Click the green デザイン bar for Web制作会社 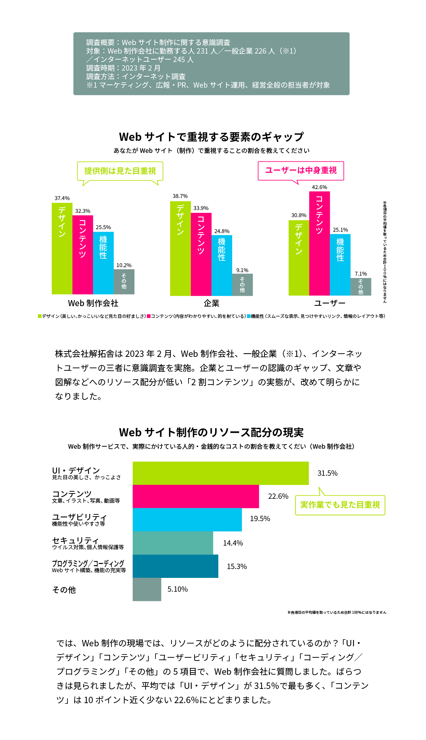click(62, 248)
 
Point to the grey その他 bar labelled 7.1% click(361, 287)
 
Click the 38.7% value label click(180, 196)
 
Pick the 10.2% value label click(124, 265)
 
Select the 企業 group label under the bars click(212, 303)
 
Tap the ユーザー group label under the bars click(330, 303)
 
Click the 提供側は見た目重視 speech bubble click(120, 171)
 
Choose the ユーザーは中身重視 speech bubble click(301, 171)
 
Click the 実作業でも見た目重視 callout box click(340, 505)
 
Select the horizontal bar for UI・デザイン click(220, 473)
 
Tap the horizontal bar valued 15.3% click(175, 566)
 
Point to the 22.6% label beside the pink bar click(278, 496)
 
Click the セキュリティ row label click(75, 541)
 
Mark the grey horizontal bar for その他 click(147, 589)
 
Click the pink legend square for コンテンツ click(149, 316)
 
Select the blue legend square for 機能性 click(249, 316)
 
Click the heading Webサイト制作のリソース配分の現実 click(212, 432)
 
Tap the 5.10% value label click(177, 589)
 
